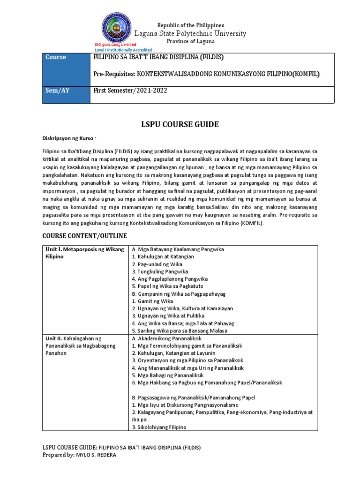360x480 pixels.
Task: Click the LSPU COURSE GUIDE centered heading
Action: (180, 124)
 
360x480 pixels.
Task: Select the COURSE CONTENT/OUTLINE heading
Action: (84, 235)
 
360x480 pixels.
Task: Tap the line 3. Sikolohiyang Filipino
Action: (159, 427)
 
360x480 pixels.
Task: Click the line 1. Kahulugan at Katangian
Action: (163, 256)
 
